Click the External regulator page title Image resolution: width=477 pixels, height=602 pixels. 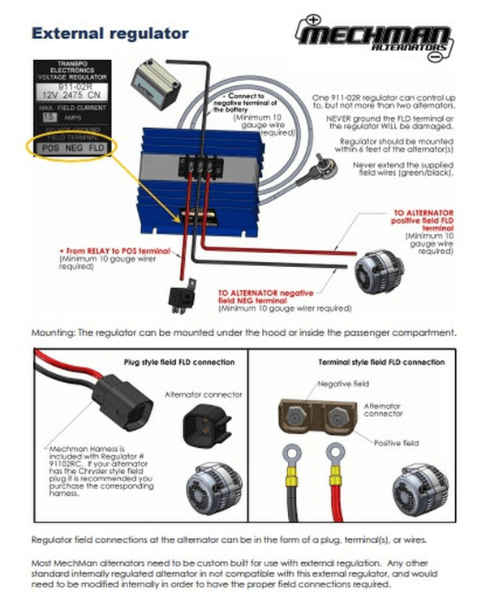(x=110, y=34)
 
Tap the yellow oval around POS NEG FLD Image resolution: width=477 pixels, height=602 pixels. (x=74, y=148)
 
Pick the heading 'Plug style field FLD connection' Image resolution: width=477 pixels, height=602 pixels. (x=168, y=362)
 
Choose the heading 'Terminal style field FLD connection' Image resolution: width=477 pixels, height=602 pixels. (x=361, y=362)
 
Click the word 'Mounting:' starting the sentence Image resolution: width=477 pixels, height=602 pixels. (x=54, y=333)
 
